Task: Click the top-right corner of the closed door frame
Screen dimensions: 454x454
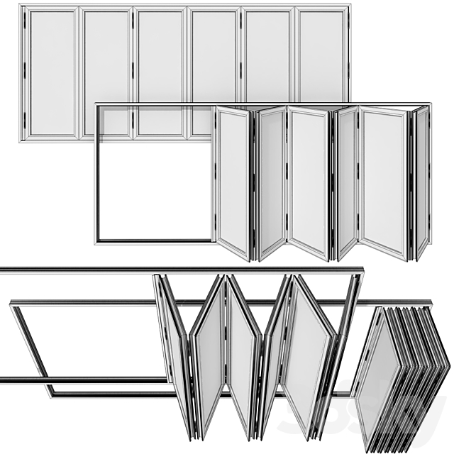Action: (348, 7)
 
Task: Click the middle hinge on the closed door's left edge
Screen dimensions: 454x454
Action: (26, 71)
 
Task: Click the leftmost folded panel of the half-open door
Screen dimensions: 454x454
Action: (233, 182)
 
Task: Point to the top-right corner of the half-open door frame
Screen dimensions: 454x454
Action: (429, 104)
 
